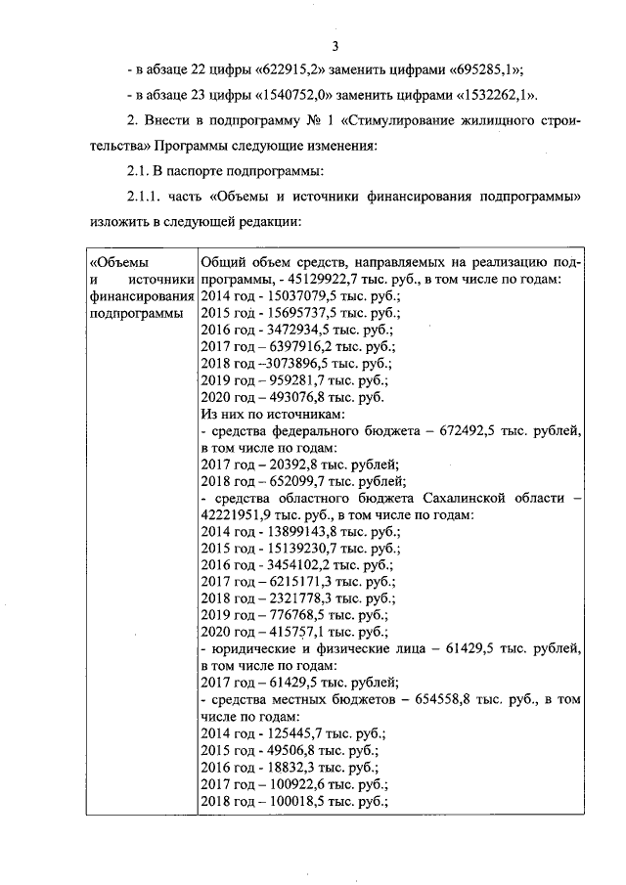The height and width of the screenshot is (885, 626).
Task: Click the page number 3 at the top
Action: (x=335, y=46)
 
